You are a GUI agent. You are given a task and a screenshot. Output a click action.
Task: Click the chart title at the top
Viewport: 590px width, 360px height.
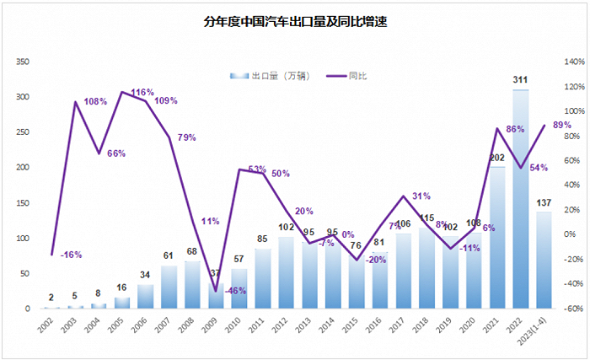(294, 24)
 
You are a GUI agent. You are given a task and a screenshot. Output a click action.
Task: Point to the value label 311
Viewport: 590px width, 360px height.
(520, 81)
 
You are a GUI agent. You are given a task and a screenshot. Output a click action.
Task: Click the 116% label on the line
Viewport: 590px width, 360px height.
(142, 92)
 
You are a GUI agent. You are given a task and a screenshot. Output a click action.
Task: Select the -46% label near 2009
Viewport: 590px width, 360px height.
(212, 290)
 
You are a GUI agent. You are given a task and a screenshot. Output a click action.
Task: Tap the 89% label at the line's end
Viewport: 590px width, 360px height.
(562, 125)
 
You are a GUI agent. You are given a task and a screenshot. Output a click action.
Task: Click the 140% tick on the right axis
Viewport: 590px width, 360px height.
(574, 62)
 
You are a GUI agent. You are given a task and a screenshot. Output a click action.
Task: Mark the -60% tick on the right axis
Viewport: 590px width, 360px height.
(574, 309)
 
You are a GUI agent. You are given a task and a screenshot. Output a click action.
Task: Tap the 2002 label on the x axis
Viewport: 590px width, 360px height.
(52, 325)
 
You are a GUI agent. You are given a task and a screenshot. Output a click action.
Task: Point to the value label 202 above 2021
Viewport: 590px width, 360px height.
(497, 158)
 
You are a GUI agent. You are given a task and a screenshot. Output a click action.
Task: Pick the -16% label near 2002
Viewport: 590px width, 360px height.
(72, 254)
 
